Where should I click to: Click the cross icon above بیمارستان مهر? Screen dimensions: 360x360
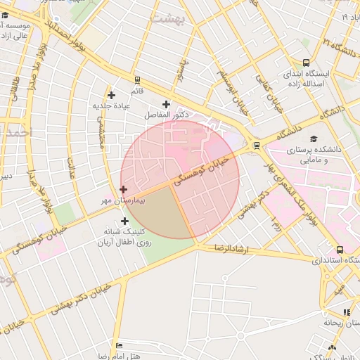click(124, 189)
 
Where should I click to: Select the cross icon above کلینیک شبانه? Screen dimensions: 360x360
click(124, 221)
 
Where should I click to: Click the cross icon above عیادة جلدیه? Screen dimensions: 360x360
click(110, 95)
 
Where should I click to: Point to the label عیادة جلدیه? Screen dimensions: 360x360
click(112, 106)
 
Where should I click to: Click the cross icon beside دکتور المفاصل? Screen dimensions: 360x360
click(166, 105)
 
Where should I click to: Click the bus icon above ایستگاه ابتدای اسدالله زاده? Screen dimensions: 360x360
click(305, 63)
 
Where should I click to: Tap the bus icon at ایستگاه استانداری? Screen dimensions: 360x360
click(340, 249)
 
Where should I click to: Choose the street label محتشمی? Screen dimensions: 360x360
click(100, 131)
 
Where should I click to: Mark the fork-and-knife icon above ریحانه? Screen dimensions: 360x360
click(346, 312)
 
